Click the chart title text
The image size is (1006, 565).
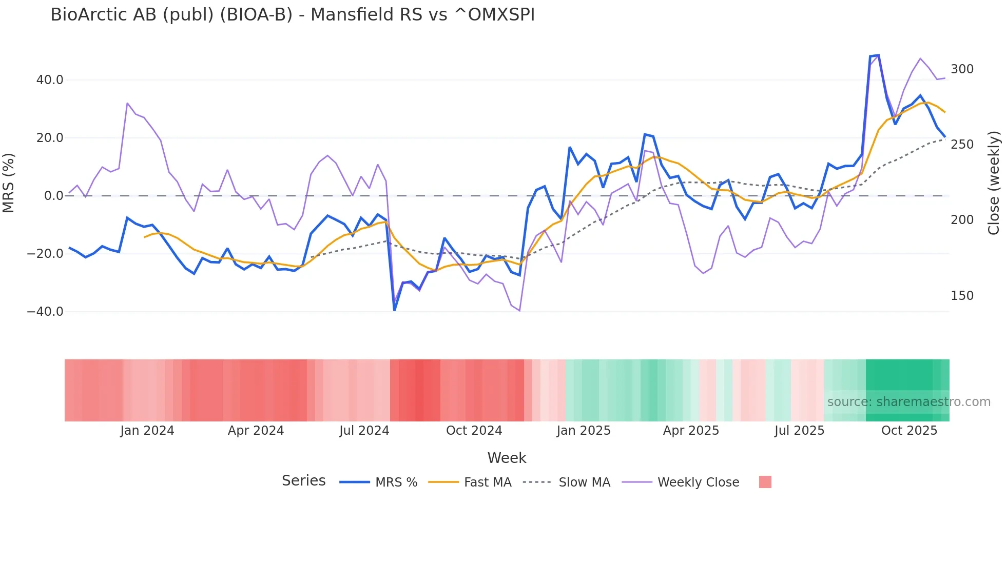coord(293,15)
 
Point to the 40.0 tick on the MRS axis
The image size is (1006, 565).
coord(50,80)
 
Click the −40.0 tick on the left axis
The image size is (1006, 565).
coord(45,312)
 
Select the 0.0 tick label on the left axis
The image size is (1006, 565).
coord(53,196)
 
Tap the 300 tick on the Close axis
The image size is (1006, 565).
coord(962,69)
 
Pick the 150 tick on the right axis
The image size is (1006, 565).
coord(962,296)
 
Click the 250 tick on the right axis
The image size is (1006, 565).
coord(962,145)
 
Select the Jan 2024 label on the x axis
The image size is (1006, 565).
coord(147,431)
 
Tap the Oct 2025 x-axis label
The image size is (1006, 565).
coord(909,431)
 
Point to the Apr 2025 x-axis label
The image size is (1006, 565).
coord(691,431)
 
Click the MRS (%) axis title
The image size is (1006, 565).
coord(9,183)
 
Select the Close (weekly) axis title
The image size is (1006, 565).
coord(994,183)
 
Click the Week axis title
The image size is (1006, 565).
coord(507,458)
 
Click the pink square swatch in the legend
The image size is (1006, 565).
coord(765,482)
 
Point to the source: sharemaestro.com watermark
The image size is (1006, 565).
coord(908,402)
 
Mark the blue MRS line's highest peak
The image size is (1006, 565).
coord(878,55)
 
